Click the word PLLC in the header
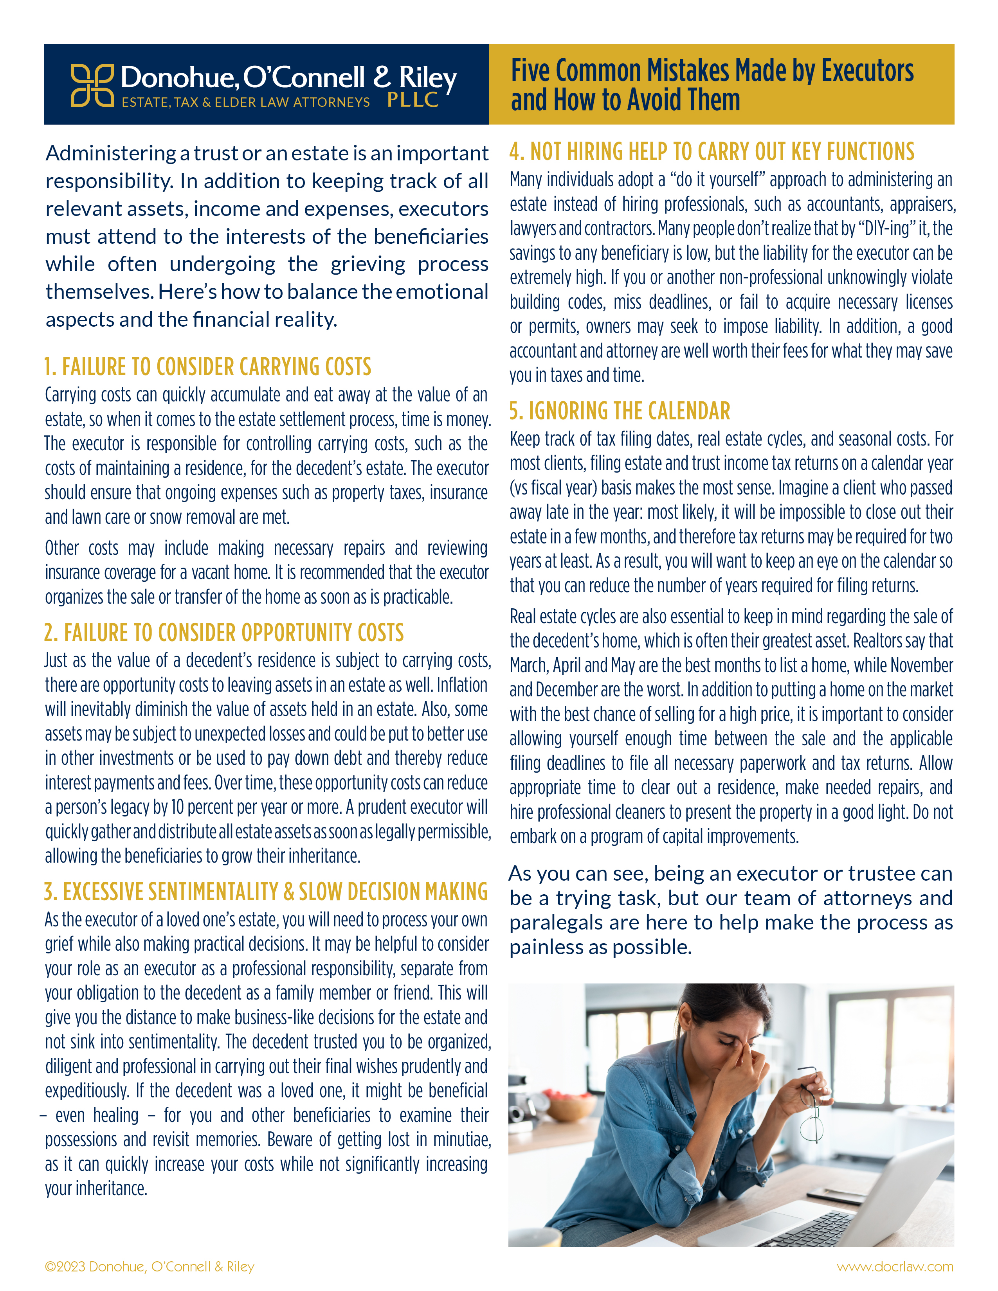click(413, 101)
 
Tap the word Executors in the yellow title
click(867, 71)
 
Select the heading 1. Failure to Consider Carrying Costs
click(207, 367)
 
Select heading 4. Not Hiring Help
click(712, 151)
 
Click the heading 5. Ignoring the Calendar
click(620, 411)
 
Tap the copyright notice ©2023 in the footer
click(150, 1266)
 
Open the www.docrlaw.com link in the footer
click(895, 1266)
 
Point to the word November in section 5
click(921, 665)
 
